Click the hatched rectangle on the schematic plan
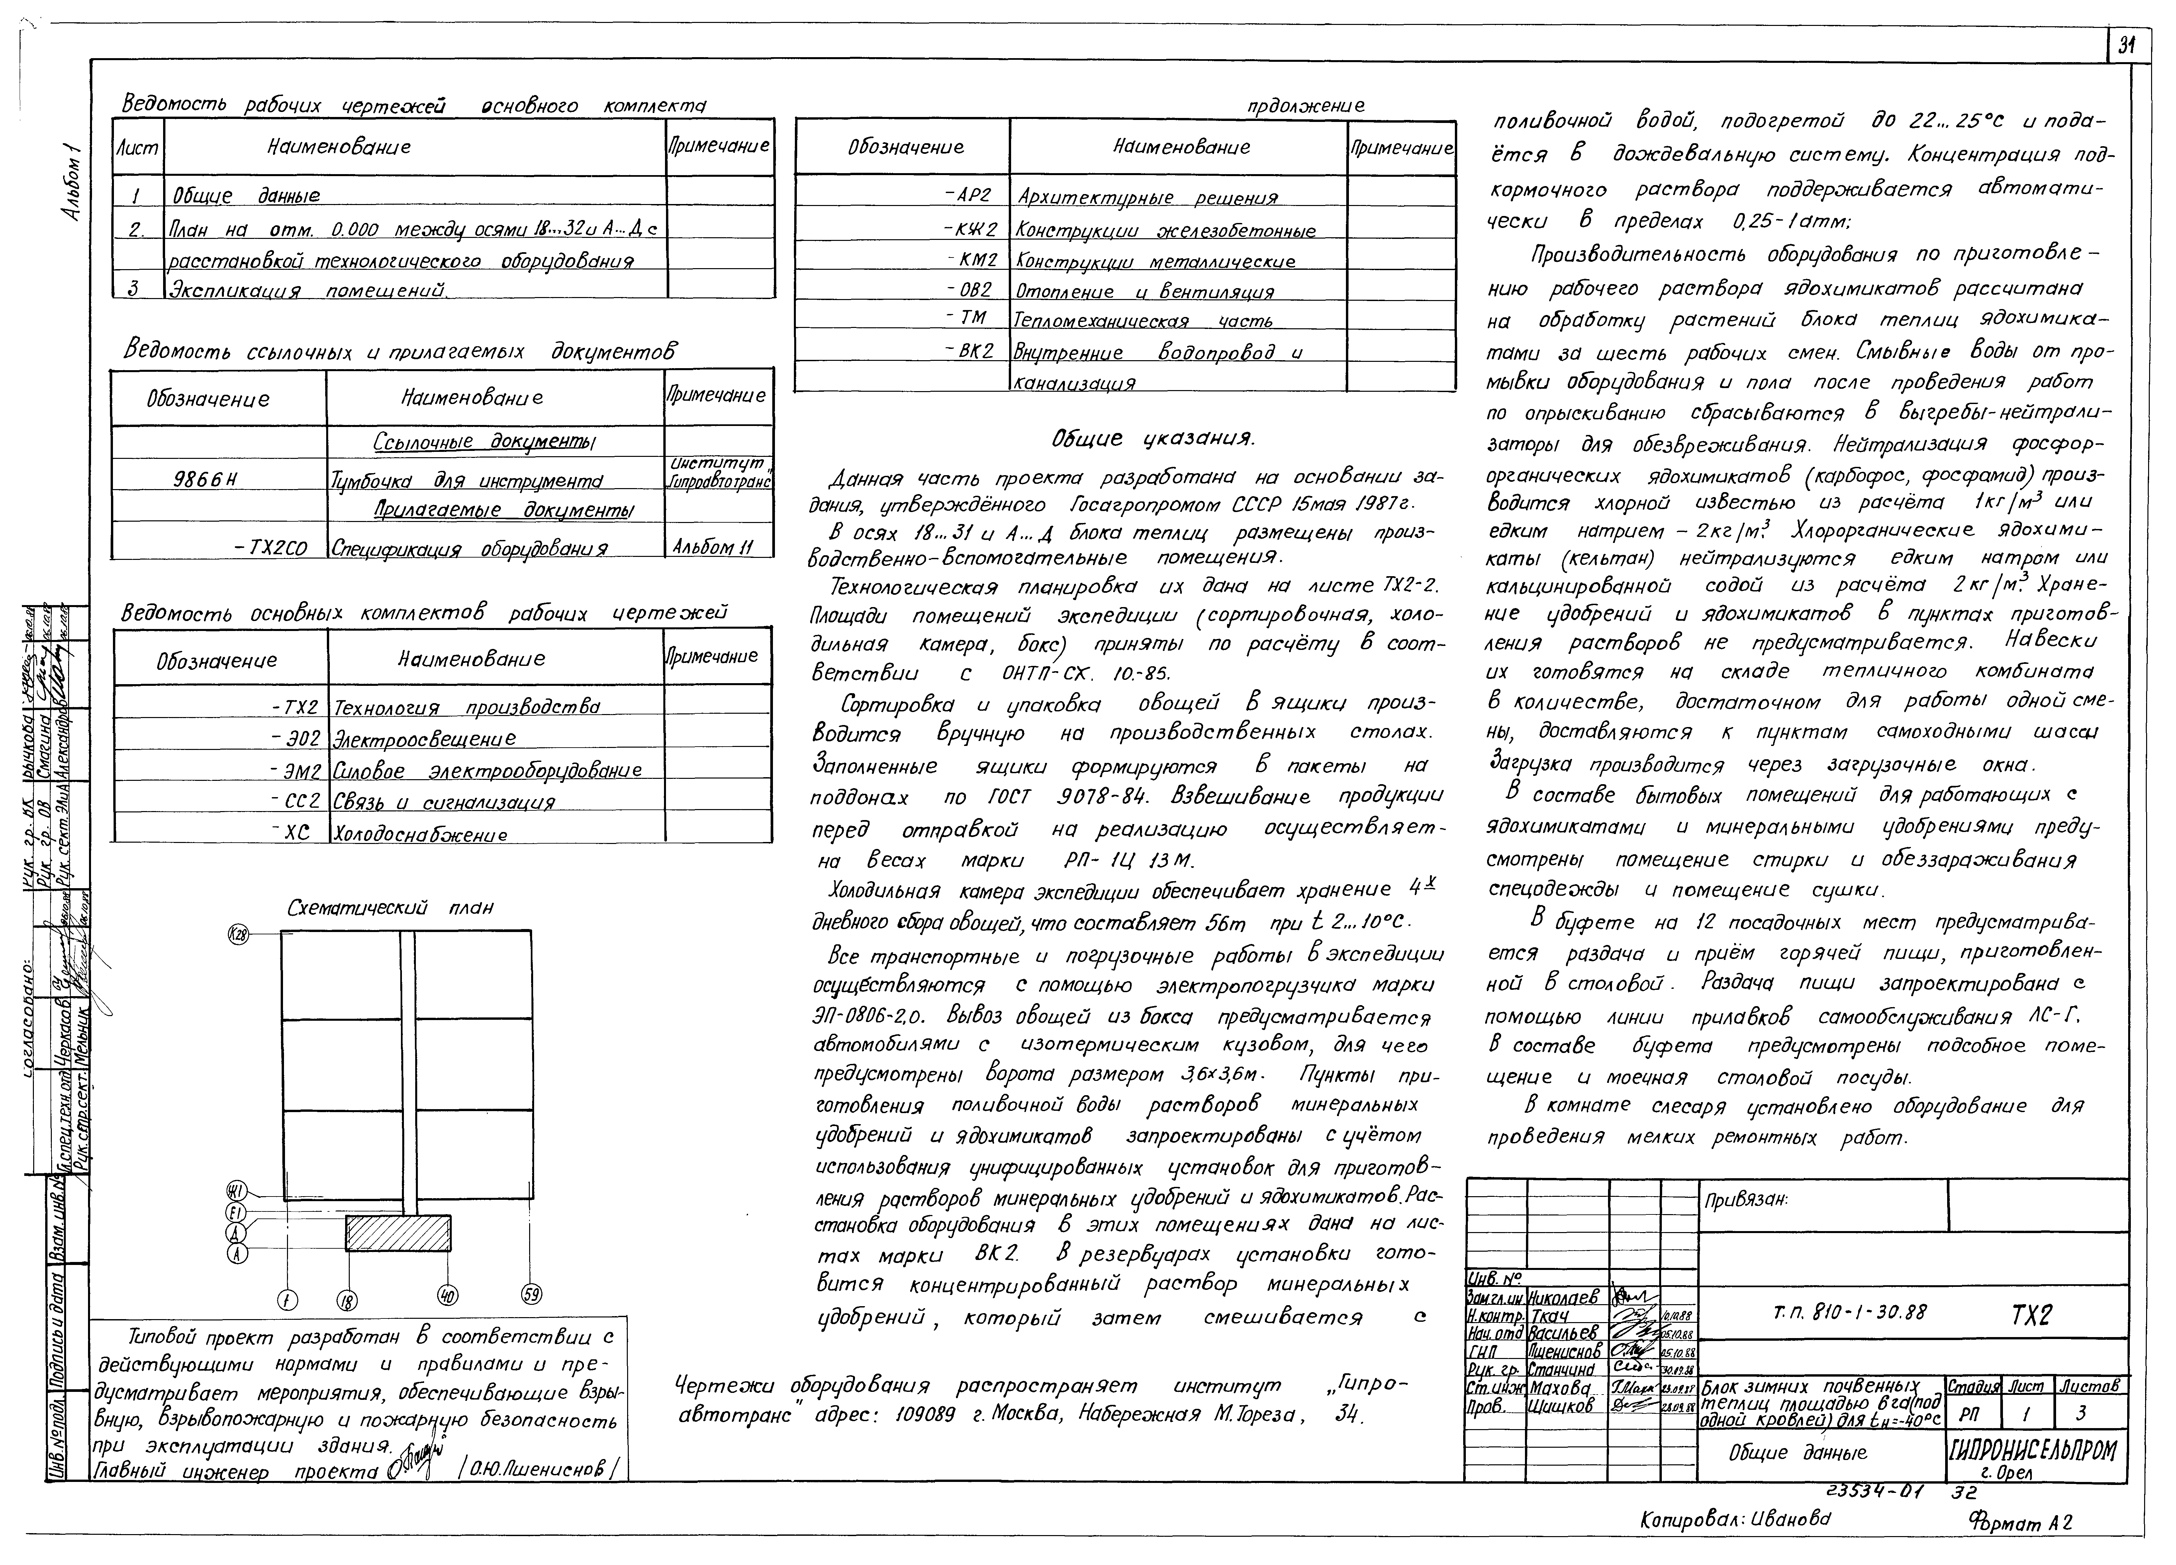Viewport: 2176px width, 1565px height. pos(398,1232)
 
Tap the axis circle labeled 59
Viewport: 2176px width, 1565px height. pos(530,1295)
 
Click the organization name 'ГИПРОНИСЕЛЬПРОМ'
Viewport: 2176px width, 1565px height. pos(2032,1448)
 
